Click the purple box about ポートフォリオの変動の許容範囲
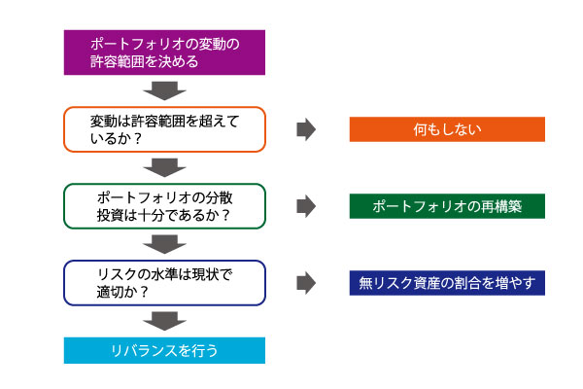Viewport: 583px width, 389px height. pos(164,53)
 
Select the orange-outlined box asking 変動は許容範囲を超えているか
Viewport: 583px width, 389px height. pos(164,129)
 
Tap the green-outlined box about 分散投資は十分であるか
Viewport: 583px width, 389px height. pos(164,206)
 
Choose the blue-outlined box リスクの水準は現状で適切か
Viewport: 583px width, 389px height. pos(164,283)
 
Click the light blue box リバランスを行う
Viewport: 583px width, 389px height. pos(164,350)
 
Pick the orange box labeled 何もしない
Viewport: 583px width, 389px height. pos(447,129)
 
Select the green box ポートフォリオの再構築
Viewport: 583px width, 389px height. pos(447,206)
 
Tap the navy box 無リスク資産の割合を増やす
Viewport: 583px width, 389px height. pos(447,283)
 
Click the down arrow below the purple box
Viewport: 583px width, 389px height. pos(164,90)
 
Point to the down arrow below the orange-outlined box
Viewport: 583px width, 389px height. pos(164,167)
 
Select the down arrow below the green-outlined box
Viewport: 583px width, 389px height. pos(164,244)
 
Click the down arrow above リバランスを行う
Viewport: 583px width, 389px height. pos(164,321)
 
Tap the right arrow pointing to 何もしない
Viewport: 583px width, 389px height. pos(306,129)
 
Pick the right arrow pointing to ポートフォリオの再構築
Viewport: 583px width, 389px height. pos(306,206)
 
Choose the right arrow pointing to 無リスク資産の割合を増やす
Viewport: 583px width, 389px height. pos(306,283)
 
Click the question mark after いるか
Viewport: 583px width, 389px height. pos(138,139)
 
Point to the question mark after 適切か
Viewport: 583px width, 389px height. pos(144,292)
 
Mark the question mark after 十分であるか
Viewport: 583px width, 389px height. pos(225,216)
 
